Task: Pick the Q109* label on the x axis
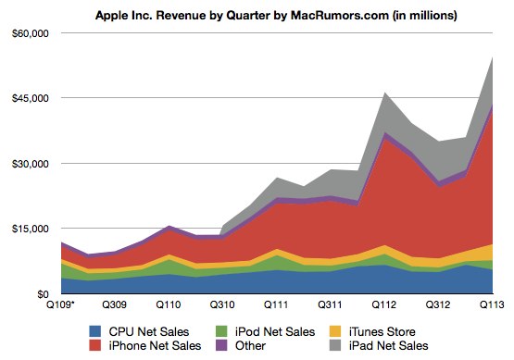tap(62, 304)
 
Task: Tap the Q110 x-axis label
tap(168, 304)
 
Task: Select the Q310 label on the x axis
tap(221, 304)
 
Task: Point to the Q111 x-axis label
tap(275, 304)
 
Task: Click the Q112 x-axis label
tap(382, 304)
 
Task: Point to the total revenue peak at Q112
tap(384, 93)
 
